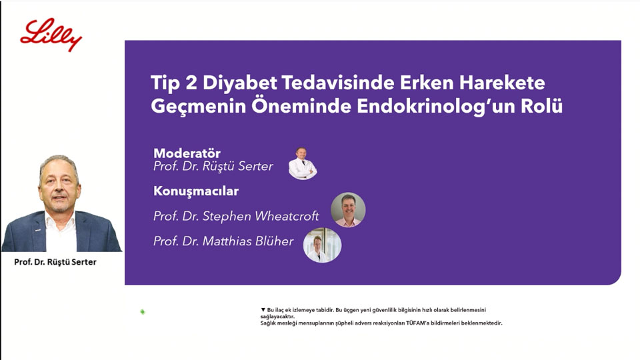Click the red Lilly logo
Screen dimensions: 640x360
coord(51,35)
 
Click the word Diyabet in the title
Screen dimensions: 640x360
coord(239,83)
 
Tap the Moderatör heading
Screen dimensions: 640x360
coord(187,153)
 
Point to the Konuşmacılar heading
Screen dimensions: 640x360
coord(196,191)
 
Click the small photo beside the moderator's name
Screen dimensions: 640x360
coord(303,163)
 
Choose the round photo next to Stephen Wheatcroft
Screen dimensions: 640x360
coord(348,210)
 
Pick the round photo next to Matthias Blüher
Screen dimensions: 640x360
coord(322,245)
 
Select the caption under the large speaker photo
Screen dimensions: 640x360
coord(55,262)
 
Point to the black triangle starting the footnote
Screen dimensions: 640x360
coord(263,310)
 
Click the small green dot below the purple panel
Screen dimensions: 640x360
coord(143,312)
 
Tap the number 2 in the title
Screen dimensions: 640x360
coord(191,83)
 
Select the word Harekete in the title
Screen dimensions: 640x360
coord(502,83)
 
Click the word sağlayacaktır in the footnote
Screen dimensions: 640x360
coord(277,316)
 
